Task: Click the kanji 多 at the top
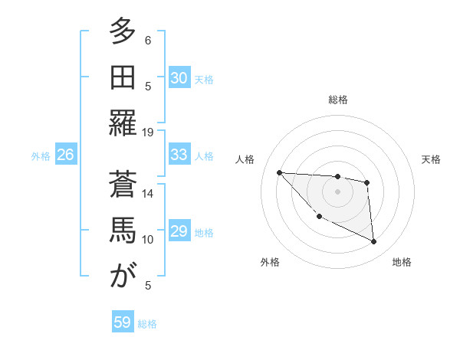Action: pyautogui.click(x=123, y=31)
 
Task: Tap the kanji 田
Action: pyautogui.click(x=123, y=77)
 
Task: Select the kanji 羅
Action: pyautogui.click(x=123, y=123)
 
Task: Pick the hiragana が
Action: pyautogui.click(x=123, y=276)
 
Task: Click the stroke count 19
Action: pyautogui.click(x=148, y=133)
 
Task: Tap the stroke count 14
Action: pyautogui.click(x=148, y=194)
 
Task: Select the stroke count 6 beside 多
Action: pyautogui.click(x=148, y=41)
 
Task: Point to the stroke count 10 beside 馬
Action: pyautogui.click(x=148, y=240)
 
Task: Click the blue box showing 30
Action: pyautogui.click(x=179, y=78)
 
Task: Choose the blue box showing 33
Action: pyautogui.click(x=179, y=155)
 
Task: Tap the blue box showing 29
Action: pyautogui.click(x=179, y=231)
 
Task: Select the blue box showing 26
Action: pyautogui.click(x=65, y=155)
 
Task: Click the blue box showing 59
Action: pyautogui.click(x=122, y=322)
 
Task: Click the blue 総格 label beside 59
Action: pyautogui.click(x=147, y=324)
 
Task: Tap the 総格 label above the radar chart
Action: pyautogui.click(x=337, y=100)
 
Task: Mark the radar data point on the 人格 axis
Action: pyautogui.click(x=279, y=172)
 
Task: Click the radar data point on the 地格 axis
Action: pyautogui.click(x=373, y=242)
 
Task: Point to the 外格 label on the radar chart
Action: pyautogui.click(x=270, y=262)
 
